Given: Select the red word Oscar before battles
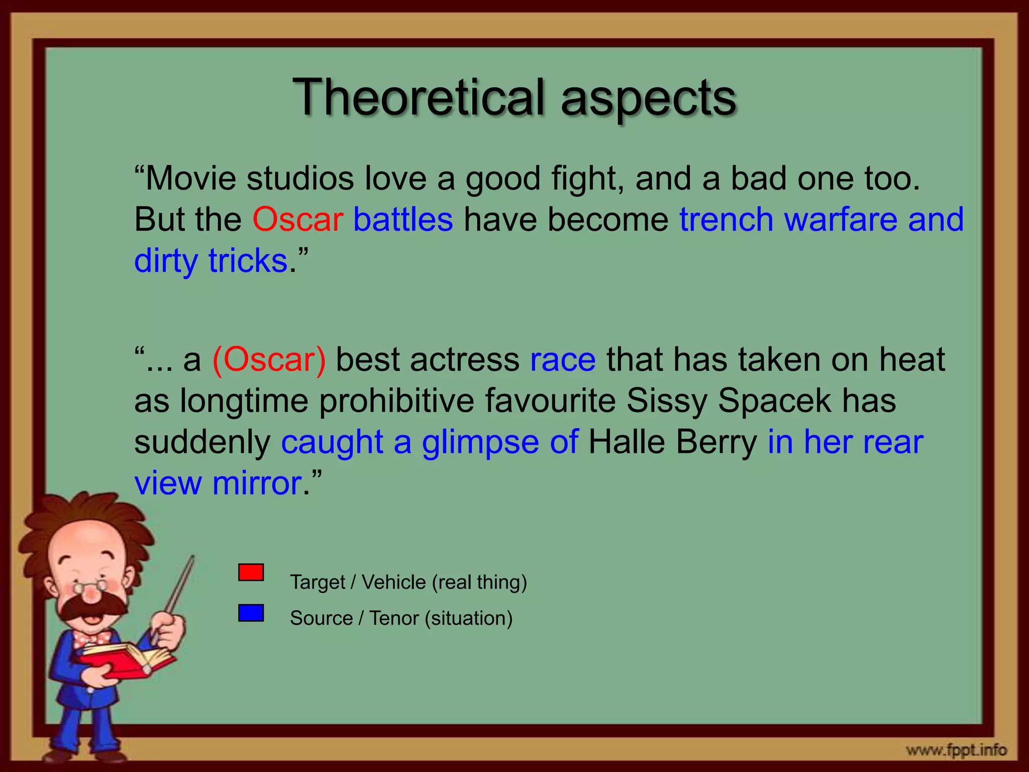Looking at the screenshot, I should click(x=297, y=220).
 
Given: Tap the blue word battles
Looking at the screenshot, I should click(x=403, y=220).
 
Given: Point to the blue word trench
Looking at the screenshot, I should click(x=726, y=220).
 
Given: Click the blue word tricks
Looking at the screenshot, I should click(x=248, y=261).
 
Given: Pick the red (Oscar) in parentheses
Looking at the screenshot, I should click(x=269, y=360).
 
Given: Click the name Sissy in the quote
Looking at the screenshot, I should click(x=666, y=401).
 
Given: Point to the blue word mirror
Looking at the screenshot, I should click(x=257, y=484).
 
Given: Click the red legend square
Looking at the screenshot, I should click(x=251, y=572).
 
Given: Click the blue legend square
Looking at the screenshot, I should click(x=251, y=613).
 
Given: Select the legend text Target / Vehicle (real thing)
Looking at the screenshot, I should click(x=408, y=583).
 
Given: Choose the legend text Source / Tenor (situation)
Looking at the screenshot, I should click(x=401, y=618).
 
